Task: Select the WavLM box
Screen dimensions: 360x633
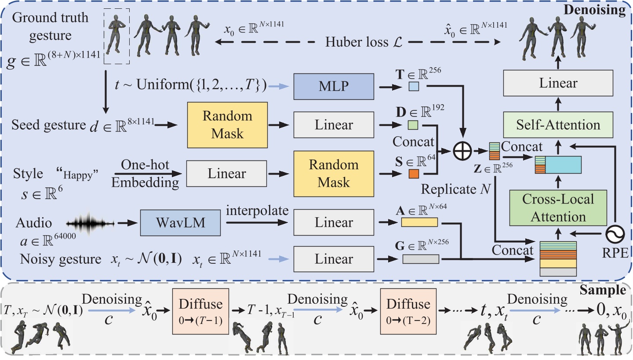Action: click(x=180, y=223)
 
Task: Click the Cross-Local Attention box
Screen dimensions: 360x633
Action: click(x=559, y=208)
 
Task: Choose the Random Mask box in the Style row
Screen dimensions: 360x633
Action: click(x=333, y=174)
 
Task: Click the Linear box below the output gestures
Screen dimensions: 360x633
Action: click(x=559, y=83)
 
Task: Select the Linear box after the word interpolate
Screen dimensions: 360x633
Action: click(x=333, y=223)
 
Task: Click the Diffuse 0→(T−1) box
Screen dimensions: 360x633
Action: click(x=201, y=310)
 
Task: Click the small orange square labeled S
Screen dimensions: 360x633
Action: click(x=414, y=174)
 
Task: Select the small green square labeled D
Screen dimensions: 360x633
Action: click(x=413, y=126)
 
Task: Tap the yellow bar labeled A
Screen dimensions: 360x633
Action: click(x=420, y=222)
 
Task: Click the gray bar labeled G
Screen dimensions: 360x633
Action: click(x=421, y=259)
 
